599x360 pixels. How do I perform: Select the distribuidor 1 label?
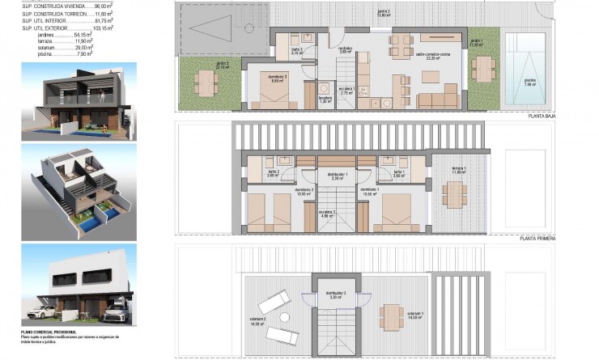coord(337,176)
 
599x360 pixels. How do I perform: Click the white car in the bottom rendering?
coord(49,311)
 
